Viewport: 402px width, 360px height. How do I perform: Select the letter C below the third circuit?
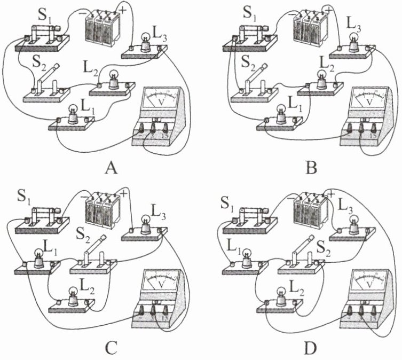[111, 348]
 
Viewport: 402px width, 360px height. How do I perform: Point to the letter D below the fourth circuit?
[311, 348]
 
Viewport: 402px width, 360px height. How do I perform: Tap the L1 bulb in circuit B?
[278, 115]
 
